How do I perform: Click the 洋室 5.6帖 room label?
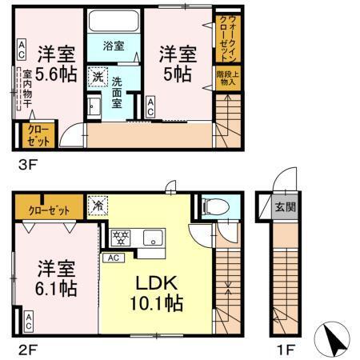(x=55, y=65)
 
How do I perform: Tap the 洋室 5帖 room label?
(x=178, y=63)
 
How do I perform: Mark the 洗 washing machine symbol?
(x=96, y=78)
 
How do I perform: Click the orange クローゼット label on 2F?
(x=49, y=210)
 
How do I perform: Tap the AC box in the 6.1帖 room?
(x=28, y=323)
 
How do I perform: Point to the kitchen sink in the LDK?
(x=153, y=237)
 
